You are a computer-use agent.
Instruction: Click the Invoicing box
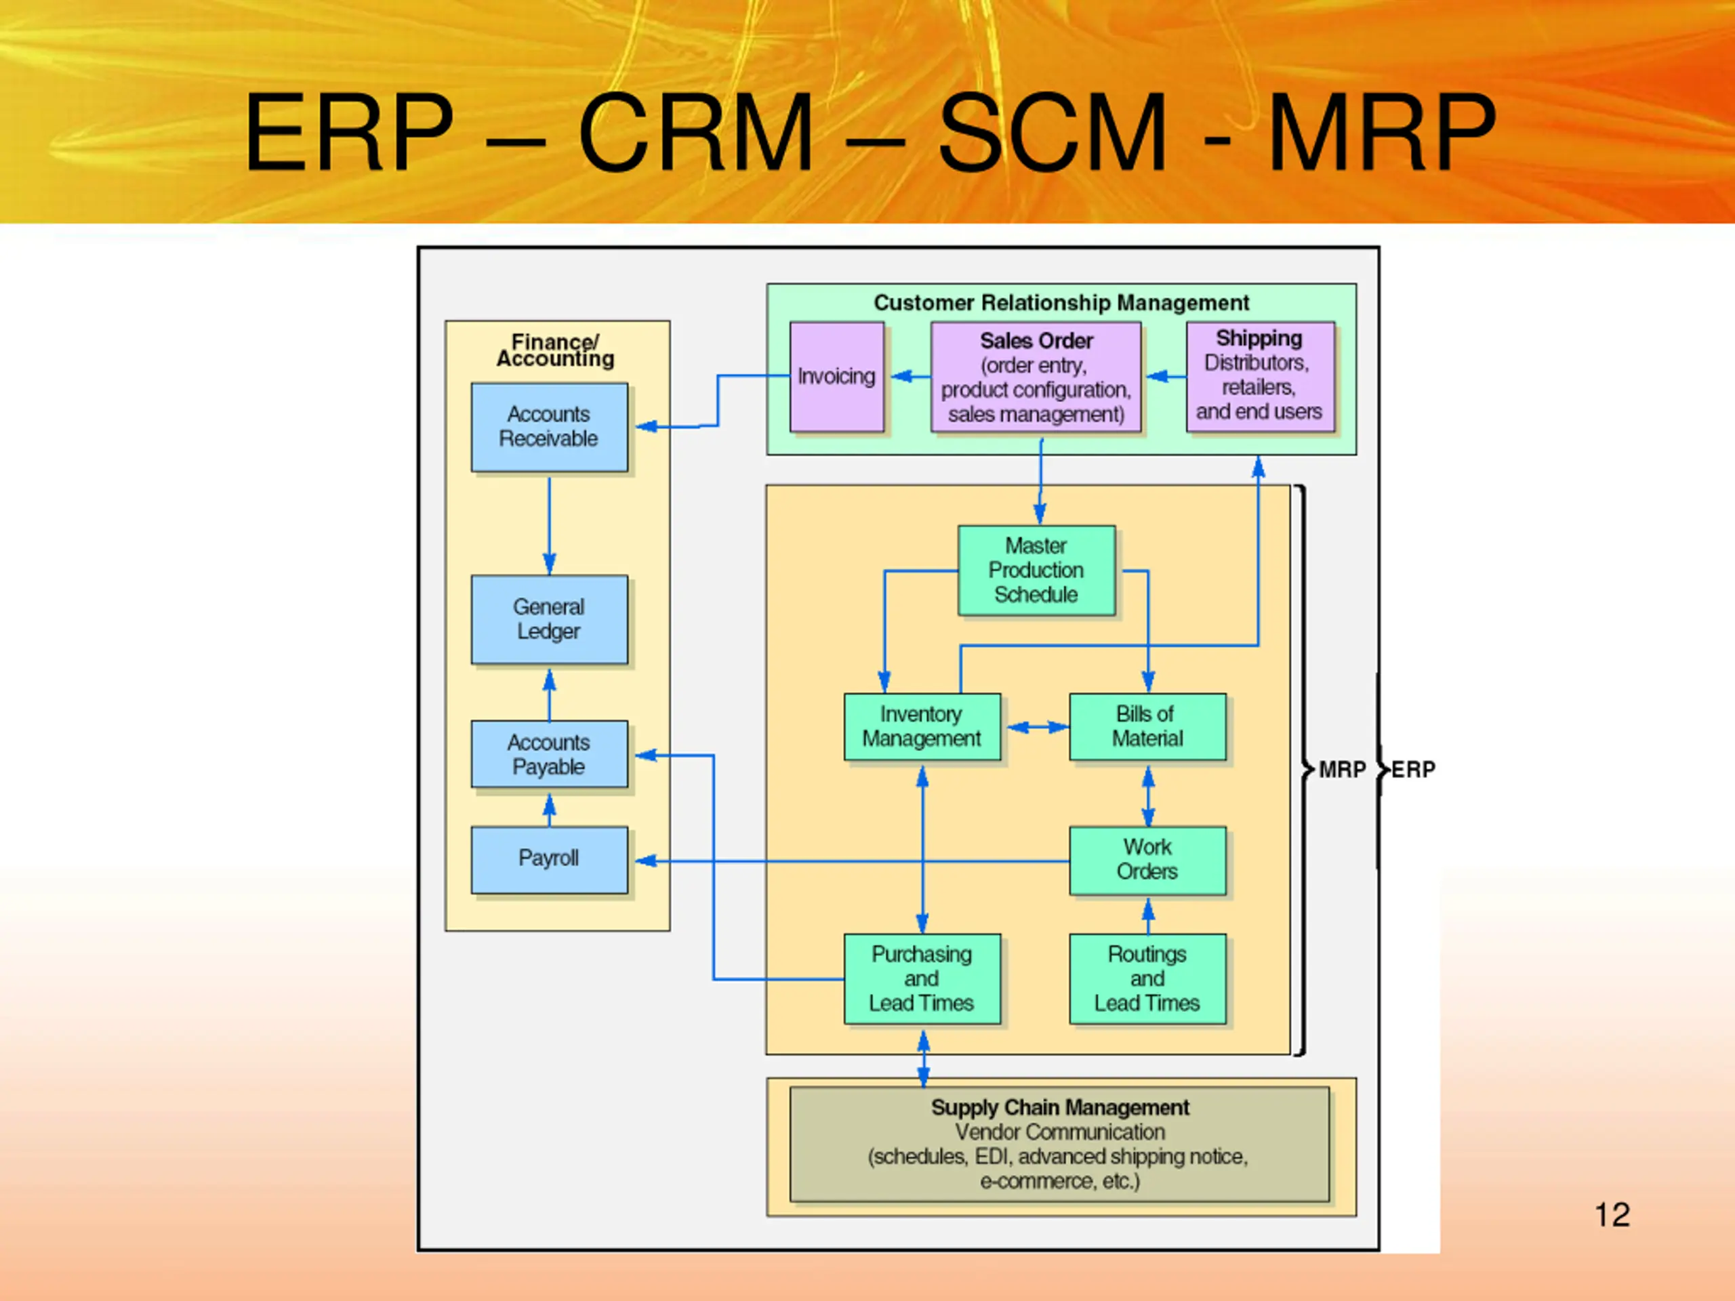pyautogui.click(x=836, y=377)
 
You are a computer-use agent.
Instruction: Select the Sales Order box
pyautogui.click(x=1036, y=377)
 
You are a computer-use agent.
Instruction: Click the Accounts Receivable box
pyautogui.click(x=549, y=427)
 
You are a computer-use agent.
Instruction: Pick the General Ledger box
pyautogui.click(x=549, y=619)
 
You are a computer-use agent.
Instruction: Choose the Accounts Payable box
pyautogui.click(x=549, y=754)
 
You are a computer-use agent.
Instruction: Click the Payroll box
pyautogui.click(x=549, y=859)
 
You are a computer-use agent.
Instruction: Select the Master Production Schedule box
pyautogui.click(x=1036, y=570)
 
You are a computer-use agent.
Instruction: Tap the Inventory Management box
pyautogui.click(x=922, y=727)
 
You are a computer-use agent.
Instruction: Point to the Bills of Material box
pyautogui.click(x=1147, y=727)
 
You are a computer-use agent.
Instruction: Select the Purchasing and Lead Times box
pyautogui.click(x=922, y=978)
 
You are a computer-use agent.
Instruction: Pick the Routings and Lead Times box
pyautogui.click(x=1147, y=978)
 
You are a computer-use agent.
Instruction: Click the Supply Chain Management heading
pyautogui.click(x=1060, y=1108)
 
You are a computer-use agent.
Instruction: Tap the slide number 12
pyautogui.click(x=1612, y=1215)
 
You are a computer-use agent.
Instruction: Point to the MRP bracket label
pyautogui.click(x=1342, y=770)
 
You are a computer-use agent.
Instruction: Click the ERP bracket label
pyautogui.click(x=1413, y=770)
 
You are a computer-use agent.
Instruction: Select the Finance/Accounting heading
pyautogui.click(x=555, y=350)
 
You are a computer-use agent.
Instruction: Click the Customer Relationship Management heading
pyautogui.click(x=1061, y=303)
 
